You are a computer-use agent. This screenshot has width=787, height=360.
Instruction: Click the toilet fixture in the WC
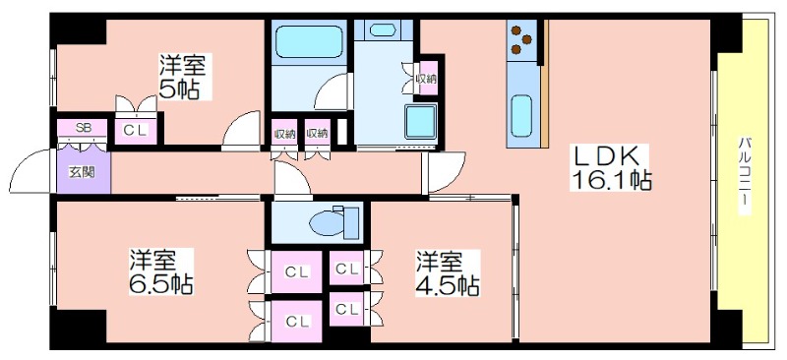pyautogui.click(x=334, y=222)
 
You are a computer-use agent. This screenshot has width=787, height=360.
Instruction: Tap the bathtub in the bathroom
pyautogui.click(x=309, y=41)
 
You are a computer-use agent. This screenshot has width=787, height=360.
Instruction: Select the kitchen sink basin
pyautogui.click(x=521, y=115)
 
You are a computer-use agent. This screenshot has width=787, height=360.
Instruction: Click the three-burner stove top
pyautogui.click(x=521, y=39)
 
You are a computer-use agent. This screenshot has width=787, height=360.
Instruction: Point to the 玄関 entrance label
pyautogui.click(x=82, y=172)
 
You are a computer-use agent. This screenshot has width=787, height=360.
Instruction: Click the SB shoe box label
pyautogui.click(x=83, y=127)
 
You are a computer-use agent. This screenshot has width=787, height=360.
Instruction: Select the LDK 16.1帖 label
pyautogui.click(x=611, y=167)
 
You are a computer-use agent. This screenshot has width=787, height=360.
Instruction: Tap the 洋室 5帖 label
pyautogui.click(x=183, y=77)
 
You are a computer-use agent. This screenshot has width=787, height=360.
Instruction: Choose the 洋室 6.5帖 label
pyautogui.click(x=161, y=271)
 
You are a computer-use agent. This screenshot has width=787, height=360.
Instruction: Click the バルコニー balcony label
pyautogui.click(x=744, y=174)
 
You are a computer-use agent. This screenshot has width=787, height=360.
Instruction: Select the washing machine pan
pyautogui.click(x=421, y=122)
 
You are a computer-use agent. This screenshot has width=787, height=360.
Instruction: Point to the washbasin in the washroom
pyautogui.click(x=383, y=30)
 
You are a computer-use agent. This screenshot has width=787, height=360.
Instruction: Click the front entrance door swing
pyautogui.click(x=30, y=171)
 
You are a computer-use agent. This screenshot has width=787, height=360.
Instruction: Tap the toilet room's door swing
pyautogui.click(x=292, y=178)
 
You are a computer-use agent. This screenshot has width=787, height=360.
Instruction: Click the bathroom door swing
pyautogui.click(x=332, y=91)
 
